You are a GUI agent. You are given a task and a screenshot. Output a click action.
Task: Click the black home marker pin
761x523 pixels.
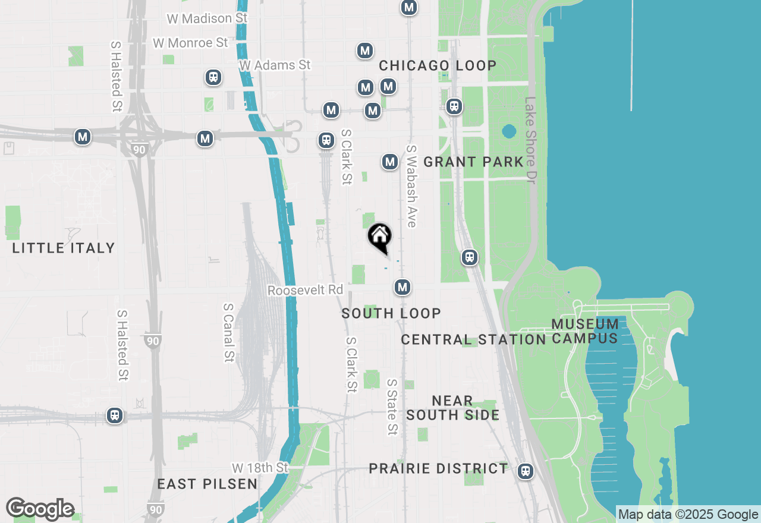[x=379, y=237]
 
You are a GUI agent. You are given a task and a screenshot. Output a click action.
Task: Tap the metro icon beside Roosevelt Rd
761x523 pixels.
[x=402, y=288]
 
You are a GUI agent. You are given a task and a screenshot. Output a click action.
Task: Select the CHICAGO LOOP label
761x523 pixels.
[x=438, y=65]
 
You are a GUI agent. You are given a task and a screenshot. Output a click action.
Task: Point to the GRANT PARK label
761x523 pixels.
[x=473, y=162]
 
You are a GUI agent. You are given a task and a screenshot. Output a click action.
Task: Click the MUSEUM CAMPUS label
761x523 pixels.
[x=585, y=331]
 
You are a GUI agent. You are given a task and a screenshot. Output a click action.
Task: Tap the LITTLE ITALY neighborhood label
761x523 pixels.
[x=64, y=248]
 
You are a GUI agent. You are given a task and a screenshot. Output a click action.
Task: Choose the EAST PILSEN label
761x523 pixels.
[x=207, y=484]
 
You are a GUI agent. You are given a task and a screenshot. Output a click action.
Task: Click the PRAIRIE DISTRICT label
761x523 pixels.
[x=438, y=468]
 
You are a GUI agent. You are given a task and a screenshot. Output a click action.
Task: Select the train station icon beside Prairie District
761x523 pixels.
[x=525, y=471]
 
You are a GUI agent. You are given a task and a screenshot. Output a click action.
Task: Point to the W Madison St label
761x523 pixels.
[x=207, y=18]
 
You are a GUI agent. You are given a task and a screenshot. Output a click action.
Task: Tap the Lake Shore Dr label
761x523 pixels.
[x=530, y=140]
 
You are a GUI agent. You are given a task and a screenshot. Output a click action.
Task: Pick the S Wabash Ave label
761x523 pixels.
[x=411, y=185]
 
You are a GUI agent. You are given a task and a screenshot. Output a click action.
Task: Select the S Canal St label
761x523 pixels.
[x=229, y=332]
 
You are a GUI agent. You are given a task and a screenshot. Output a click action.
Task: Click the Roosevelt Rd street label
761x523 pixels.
[x=305, y=290]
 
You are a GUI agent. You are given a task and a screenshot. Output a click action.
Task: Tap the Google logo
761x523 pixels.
[x=40, y=509]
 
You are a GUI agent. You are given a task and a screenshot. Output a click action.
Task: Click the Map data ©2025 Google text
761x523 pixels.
[x=688, y=515]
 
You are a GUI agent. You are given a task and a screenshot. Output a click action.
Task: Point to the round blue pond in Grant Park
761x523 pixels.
[x=509, y=131]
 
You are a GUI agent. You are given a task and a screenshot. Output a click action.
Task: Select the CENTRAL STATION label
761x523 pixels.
[x=473, y=339]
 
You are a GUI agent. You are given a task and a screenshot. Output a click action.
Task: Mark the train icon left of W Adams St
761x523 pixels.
[x=213, y=77]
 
